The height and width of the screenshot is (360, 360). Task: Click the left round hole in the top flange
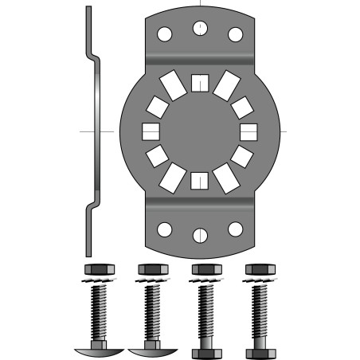[x=164, y=34]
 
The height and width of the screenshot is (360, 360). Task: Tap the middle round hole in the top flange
[x=200, y=29]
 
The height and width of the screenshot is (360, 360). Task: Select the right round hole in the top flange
[x=236, y=34]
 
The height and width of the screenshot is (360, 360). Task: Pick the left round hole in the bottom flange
[x=164, y=229]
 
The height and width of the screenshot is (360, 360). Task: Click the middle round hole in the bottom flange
[x=200, y=235]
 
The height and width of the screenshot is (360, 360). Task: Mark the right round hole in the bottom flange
[x=236, y=229]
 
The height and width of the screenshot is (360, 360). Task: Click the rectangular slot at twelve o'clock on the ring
[x=200, y=81]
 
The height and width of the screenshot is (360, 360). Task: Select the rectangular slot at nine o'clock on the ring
[x=149, y=131]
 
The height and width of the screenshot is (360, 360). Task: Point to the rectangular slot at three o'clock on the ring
[x=250, y=131]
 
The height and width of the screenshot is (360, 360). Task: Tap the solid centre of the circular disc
[x=200, y=131]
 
